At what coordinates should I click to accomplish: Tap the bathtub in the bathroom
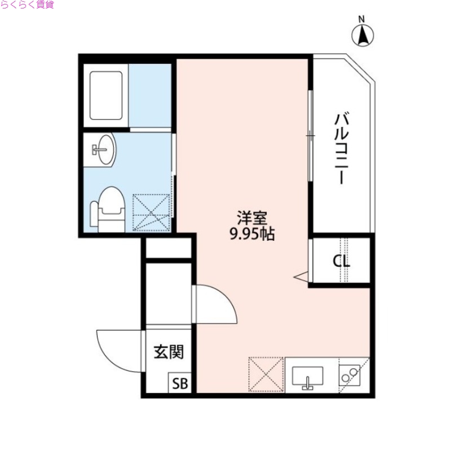pos(106,95)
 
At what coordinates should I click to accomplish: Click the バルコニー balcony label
pos(341,148)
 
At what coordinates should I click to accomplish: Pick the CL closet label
pos(341,261)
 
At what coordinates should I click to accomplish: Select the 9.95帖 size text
pos(251,235)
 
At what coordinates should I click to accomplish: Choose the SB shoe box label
pos(180,383)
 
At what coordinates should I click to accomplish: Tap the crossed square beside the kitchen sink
pos(266,374)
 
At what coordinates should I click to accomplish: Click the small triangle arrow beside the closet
pos(300,276)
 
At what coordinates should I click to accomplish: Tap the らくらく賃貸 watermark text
pos(28,5)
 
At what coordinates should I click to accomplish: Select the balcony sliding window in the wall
pos(310,135)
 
